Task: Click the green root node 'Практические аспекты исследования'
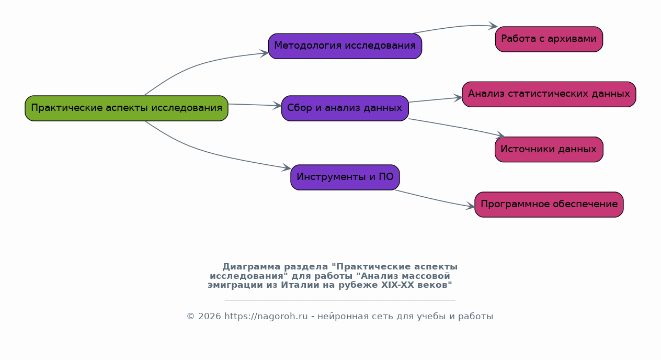point(127,108)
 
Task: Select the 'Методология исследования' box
point(345,46)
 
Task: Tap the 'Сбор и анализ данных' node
point(345,108)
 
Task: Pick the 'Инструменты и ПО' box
point(345,177)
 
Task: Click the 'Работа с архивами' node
point(549,39)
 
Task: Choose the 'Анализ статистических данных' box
point(549,95)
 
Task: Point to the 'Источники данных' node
point(549,150)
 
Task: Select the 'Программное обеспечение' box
point(549,205)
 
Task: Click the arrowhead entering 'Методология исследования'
point(264,53)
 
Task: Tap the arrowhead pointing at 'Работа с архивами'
point(493,26)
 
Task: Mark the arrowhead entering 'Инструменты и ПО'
point(287,167)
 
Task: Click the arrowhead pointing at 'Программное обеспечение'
point(470,206)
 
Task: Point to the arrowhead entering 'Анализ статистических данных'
point(458,98)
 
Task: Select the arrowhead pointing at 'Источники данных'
point(501,135)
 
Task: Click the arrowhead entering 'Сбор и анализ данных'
point(277,105)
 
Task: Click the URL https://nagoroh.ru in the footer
point(266,316)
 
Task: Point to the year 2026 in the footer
point(210,316)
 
